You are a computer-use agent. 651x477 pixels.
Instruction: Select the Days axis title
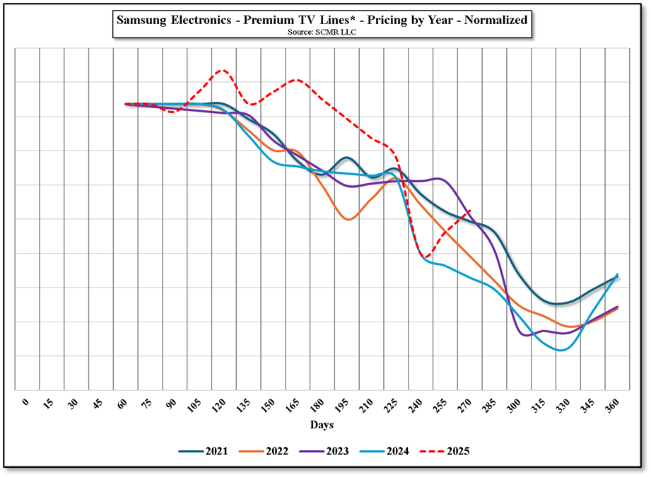click(x=322, y=425)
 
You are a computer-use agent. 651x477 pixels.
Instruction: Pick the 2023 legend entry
click(x=324, y=451)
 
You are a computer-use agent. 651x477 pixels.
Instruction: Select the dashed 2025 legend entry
click(x=446, y=451)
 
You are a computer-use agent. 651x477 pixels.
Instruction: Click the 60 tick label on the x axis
click(x=123, y=404)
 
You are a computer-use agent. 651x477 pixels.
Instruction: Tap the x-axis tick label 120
click(x=218, y=405)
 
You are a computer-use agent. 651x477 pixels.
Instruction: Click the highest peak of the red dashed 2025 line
click(x=222, y=70)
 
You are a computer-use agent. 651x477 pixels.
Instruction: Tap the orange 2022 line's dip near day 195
click(x=348, y=219)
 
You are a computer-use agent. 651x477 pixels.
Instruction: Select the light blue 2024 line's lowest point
click(x=561, y=350)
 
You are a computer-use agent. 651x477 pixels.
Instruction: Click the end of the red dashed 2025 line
click(x=471, y=210)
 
